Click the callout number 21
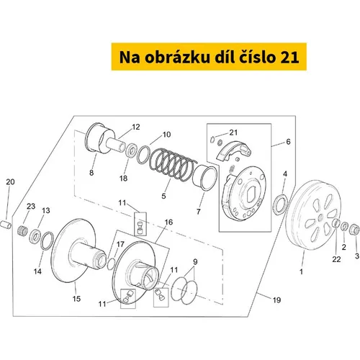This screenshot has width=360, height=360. [x=233, y=132]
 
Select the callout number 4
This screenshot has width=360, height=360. [x=285, y=174]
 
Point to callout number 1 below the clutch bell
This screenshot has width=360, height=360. [x=301, y=272]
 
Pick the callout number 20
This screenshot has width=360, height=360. [x=9, y=183]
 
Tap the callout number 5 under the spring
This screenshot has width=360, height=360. [x=164, y=195]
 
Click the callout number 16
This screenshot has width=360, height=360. [x=168, y=224]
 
